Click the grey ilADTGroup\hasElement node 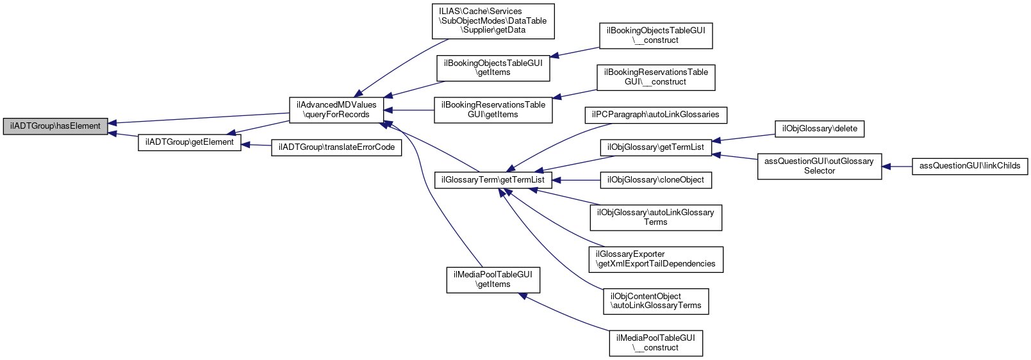pos(55,126)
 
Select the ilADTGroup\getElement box pos(190,142)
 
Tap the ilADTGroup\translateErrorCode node pos(336,147)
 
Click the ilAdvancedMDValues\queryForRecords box pos(336,110)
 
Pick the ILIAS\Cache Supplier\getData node pos(493,21)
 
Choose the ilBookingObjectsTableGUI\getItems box pos(493,68)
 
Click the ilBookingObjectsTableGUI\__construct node pos(656,35)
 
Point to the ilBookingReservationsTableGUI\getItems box pos(493,110)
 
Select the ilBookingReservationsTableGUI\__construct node pos(656,77)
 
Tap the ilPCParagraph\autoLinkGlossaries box pos(656,115)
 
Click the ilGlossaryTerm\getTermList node pos(493,180)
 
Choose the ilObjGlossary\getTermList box pos(656,147)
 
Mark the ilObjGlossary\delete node pos(819,129)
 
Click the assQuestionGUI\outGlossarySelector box pos(819,166)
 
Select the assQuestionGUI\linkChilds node pos(969,166)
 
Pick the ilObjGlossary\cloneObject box pos(656,180)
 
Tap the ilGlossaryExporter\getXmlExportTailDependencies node pos(656,259)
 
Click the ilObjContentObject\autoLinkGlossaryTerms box pos(656,301)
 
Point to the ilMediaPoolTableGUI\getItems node pos(493,279)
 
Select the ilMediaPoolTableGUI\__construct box pos(656,343)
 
